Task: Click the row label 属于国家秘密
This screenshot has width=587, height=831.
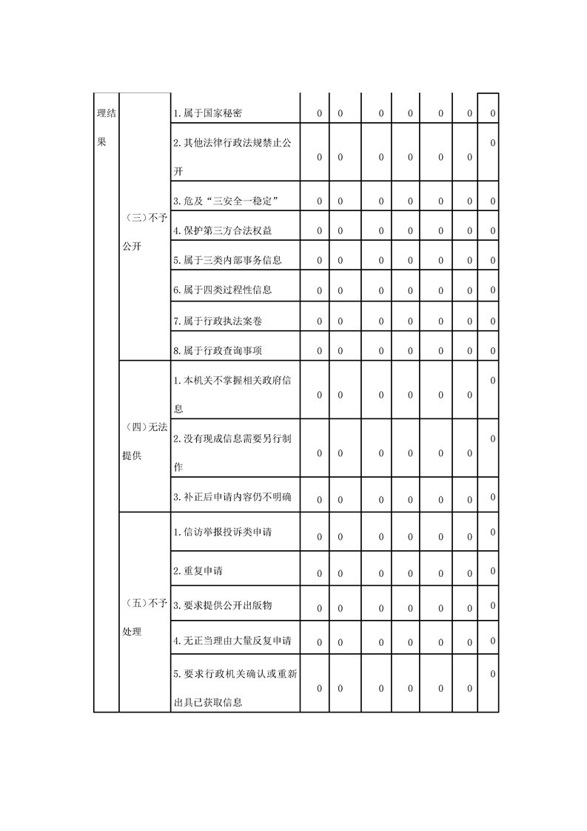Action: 207,113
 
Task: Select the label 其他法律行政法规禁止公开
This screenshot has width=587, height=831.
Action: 231,156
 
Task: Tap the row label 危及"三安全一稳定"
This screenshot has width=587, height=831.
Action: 225,201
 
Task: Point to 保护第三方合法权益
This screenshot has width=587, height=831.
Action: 222,230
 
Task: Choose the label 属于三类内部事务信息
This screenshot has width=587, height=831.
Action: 227,260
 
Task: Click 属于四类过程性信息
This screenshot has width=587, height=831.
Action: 222,290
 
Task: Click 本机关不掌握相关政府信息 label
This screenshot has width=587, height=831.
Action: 231,394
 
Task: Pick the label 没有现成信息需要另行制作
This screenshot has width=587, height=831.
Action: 231,453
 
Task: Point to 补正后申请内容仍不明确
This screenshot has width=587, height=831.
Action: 232,497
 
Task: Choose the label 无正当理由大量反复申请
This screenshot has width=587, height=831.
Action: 232,641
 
